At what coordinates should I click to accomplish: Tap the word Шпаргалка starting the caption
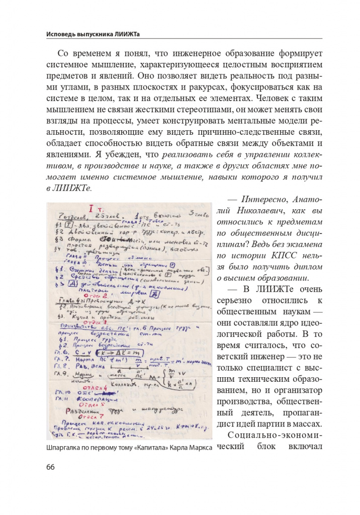tap(65, 447)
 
